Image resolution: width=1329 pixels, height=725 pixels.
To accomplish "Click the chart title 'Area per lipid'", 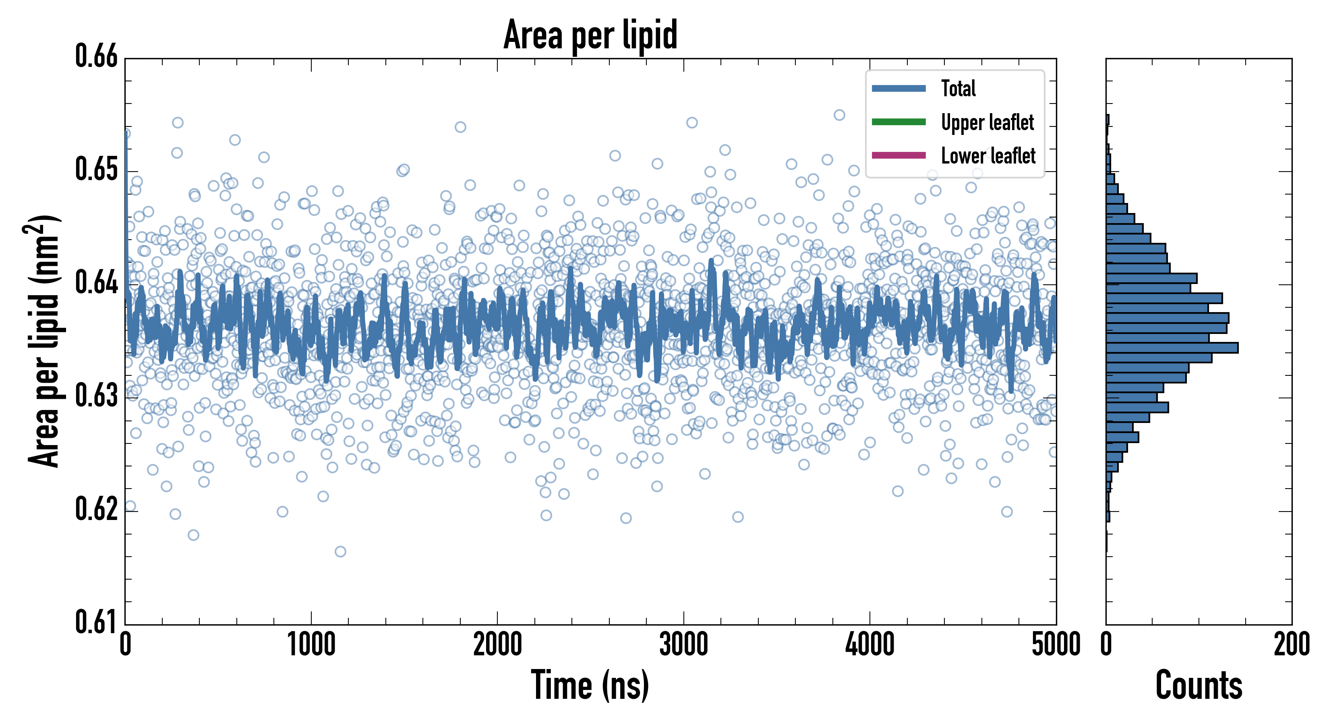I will click(x=590, y=35).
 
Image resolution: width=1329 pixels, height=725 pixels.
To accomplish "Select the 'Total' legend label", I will click(x=958, y=88).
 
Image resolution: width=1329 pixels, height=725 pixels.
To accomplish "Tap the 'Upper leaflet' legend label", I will click(x=987, y=122).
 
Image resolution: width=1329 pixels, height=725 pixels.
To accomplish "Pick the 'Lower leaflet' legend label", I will click(x=988, y=155).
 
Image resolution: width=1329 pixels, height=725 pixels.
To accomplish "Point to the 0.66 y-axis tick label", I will click(x=97, y=56).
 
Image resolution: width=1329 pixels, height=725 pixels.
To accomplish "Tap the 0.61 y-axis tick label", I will click(x=97, y=622).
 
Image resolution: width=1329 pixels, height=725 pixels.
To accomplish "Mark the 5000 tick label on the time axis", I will click(x=1056, y=645).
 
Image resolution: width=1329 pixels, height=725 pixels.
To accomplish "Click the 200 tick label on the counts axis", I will click(x=1291, y=645).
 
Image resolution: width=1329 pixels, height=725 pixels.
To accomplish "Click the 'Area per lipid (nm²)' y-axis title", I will click(x=44, y=341).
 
